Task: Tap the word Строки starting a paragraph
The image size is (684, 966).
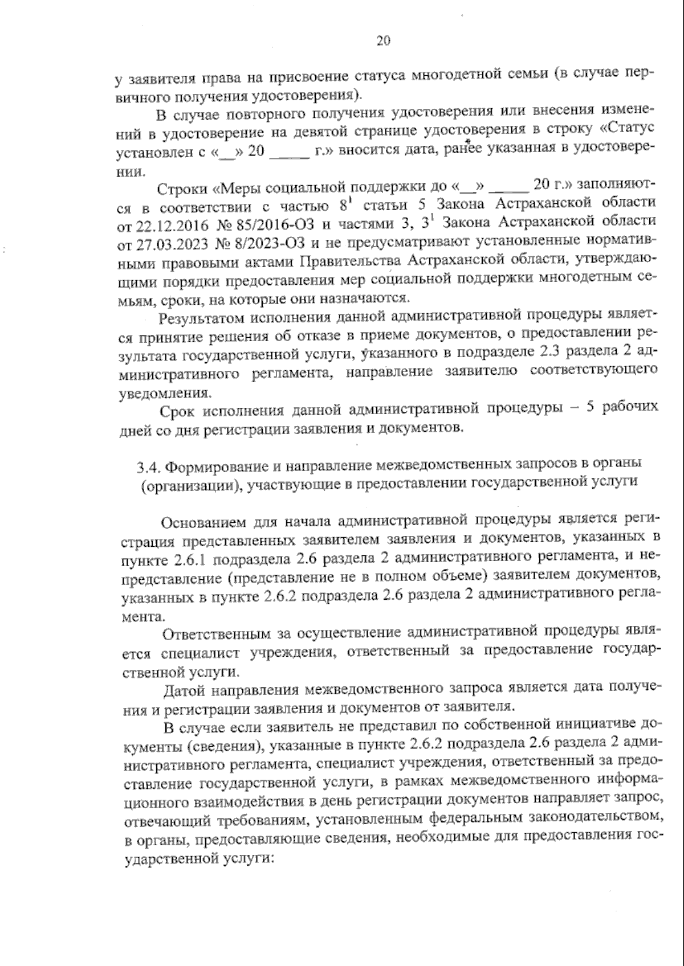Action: click(183, 187)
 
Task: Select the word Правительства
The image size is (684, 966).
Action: click(348, 262)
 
